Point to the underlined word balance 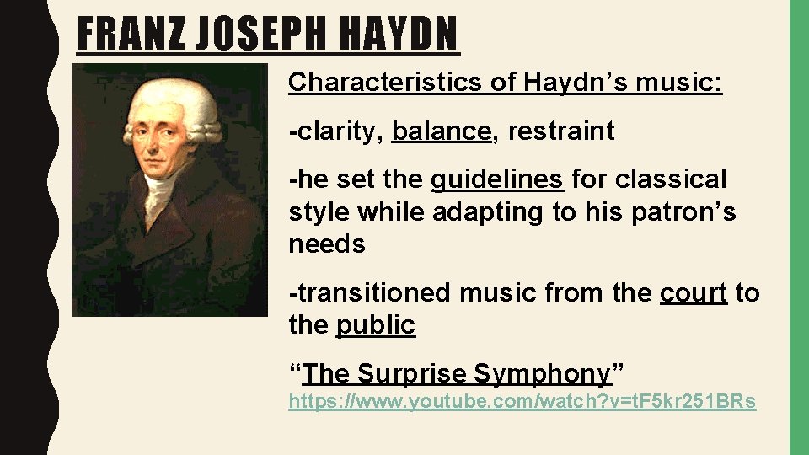pyautogui.click(x=441, y=131)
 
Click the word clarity pyautogui.click(x=336, y=131)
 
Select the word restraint pyautogui.click(x=561, y=131)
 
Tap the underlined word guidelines pyautogui.click(x=496, y=179)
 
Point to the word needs pyautogui.click(x=327, y=244)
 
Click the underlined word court pyautogui.click(x=693, y=293)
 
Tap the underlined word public pyautogui.click(x=376, y=325)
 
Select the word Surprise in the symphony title pyautogui.click(x=412, y=373)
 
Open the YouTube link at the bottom pyautogui.click(x=522, y=403)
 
